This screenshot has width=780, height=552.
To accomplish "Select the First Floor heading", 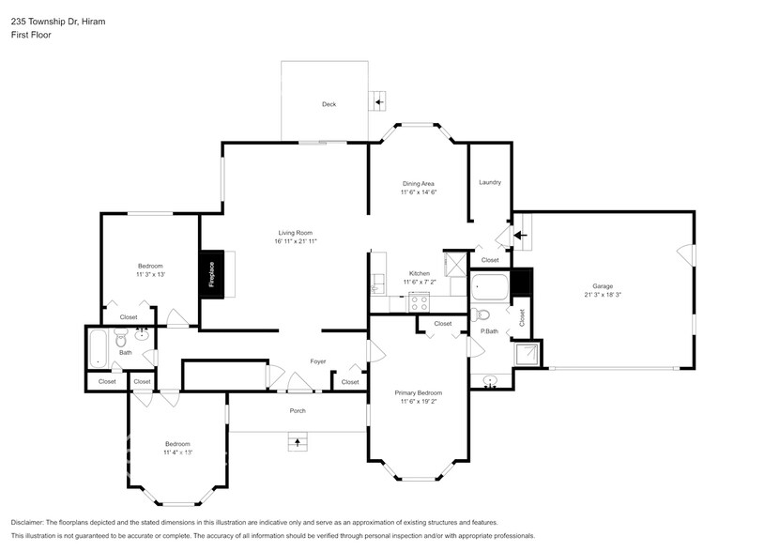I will click(31, 35).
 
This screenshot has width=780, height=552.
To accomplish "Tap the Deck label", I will click(329, 104).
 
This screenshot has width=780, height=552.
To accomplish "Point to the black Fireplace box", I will click(211, 274).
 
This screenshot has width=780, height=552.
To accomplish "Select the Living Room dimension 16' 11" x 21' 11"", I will click(296, 241).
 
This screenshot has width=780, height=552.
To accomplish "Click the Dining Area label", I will click(419, 183).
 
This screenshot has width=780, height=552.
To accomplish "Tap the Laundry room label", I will click(489, 182).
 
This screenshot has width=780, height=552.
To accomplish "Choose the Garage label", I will click(602, 285).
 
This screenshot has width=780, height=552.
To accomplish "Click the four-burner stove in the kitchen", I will click(419, 302).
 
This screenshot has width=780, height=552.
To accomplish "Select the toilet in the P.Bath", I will click(481, 314).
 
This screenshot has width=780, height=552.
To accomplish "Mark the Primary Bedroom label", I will click(419, 392).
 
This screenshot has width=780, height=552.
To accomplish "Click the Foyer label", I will click(318, 361).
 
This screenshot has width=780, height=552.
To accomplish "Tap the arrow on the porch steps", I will click(298, 440).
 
